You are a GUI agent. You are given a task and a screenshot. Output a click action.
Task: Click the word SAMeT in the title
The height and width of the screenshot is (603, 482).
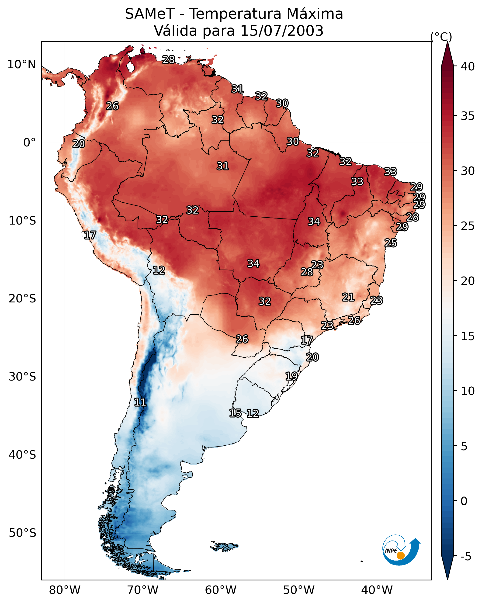pyautogui.click(x=150, y=14)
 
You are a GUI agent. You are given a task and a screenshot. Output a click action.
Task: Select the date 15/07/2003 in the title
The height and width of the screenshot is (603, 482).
pyautogui.click(x=282, y=31)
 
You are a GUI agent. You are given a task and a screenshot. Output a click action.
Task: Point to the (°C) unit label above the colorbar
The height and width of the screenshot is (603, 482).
pyautogui.click(x=441, y=37)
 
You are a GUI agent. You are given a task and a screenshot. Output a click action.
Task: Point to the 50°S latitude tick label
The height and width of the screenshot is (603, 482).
pyautogui.click(x=22, y=533)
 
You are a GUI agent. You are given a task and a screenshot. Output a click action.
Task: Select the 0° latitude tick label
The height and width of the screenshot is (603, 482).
pyautogui.click(x=29, y=143)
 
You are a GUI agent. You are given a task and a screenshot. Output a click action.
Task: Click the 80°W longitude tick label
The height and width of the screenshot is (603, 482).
pyautogui.click(x=65, y=590)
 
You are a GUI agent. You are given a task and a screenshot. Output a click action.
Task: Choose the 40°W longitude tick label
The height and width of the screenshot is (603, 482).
pyautogui.click(x=377, y=590)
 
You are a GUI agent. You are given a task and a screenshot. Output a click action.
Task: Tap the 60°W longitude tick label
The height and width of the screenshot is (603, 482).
pyautogui.click(x=221, y=590)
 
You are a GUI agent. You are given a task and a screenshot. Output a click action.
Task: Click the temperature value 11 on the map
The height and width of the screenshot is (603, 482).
pyautogui.click(x=140, y=402)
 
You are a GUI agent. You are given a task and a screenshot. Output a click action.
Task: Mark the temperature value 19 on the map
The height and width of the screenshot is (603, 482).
pyautogui.click(x=291, y=376)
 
